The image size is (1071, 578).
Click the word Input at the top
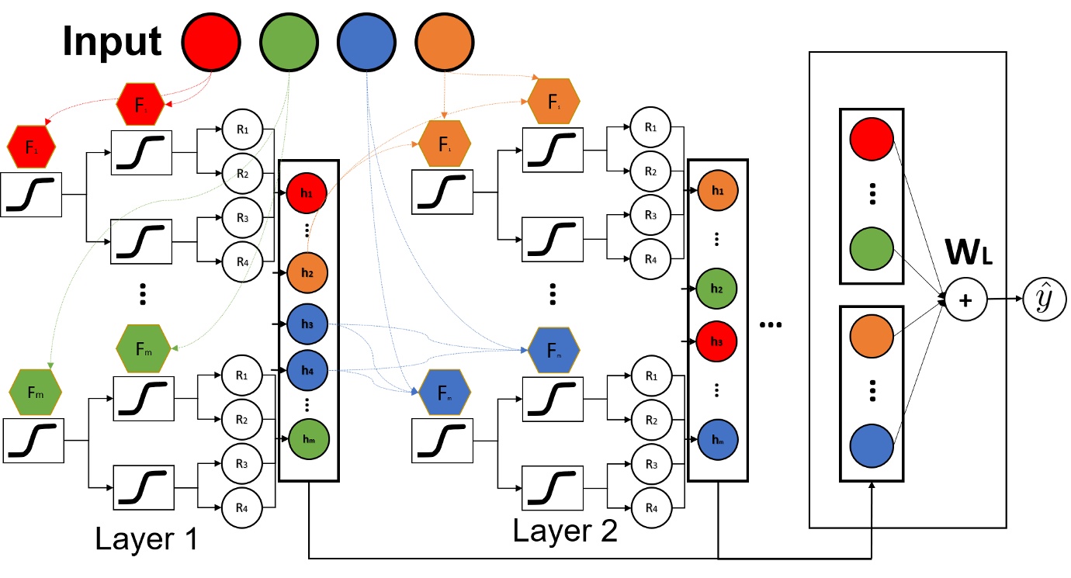[112, 41]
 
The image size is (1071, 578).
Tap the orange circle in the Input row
[444, 41]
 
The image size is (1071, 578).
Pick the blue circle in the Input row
[366, 41]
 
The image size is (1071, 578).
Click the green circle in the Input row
[288, 41]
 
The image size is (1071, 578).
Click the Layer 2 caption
[565, 530]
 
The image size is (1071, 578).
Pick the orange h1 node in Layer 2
[717, 190]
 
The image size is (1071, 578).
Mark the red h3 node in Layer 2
[717, 341]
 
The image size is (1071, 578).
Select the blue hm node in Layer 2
[717, 440]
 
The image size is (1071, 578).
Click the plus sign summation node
[965, 299]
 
